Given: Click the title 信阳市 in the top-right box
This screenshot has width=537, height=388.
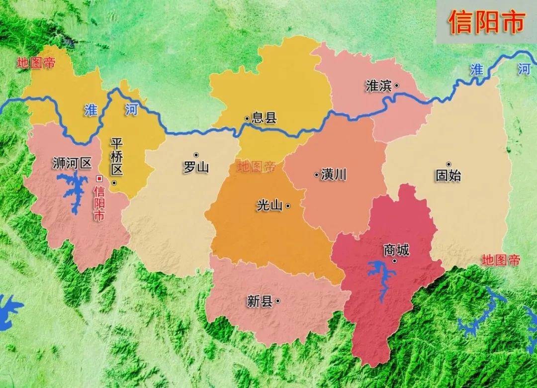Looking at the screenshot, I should coord(486,22).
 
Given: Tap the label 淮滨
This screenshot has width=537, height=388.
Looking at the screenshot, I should coord(378,86).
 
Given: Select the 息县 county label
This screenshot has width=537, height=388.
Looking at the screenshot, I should coord(264,118).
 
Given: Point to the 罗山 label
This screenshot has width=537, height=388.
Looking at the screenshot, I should coord(196,167).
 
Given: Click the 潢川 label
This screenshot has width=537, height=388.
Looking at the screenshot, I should coord(334,175).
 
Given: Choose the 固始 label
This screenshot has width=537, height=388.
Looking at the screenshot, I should coord(448,175).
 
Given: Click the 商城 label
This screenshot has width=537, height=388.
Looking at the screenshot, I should coord(396,250).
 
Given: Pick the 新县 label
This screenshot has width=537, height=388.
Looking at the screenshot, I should coord(260,301).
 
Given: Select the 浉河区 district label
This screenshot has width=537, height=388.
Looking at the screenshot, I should coord(72,163).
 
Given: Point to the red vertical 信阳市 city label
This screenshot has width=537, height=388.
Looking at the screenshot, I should coord(99,203).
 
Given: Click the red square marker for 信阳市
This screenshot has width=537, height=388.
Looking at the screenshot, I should coord(99,178).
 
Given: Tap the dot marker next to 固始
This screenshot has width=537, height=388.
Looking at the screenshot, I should coord(448,164).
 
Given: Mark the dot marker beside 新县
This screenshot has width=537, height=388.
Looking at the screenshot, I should coord(277,300).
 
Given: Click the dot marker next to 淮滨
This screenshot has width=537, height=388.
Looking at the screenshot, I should coord(396,86).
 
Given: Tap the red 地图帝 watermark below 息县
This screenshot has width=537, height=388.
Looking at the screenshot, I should coord(257,167).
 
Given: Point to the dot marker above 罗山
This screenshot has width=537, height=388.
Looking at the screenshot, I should coord(196,155).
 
